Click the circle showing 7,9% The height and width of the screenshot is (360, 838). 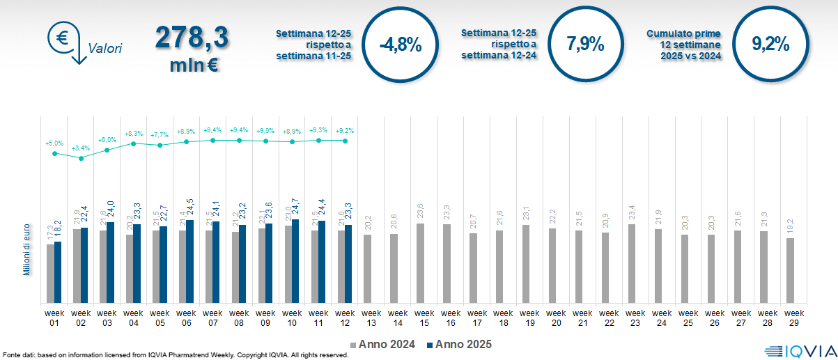[585, 44]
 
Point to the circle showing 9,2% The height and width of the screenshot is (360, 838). [770, 44]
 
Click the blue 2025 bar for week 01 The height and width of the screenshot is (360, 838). [58, 272]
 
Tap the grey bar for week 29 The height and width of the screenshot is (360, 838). [790, 270]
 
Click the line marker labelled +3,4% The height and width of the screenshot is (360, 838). [81, 158]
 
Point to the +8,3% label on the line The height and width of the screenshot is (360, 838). [133, 133]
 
